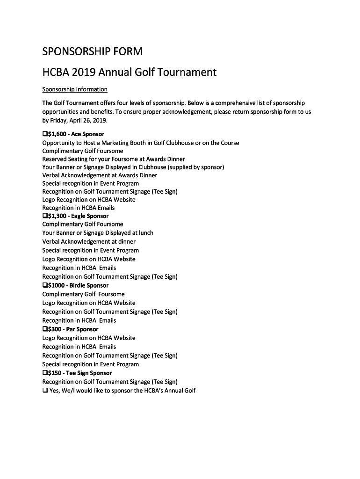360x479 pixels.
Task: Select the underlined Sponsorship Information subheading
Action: [x=75, y=89]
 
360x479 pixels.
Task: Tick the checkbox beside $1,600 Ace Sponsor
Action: [x=45, y=134]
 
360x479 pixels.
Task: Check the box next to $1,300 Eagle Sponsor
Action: [x=45, y=216]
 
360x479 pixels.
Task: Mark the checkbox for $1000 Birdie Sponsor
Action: [x=45, y=285]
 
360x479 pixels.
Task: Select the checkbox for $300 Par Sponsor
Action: [x=45, y=329]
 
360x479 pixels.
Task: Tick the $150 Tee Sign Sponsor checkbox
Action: [x=45, y=373]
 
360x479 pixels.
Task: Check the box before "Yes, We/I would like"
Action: [x=45, y=391]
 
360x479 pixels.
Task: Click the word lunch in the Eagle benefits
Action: [x=146, y=233]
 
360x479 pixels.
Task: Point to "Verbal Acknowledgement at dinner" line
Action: [x=89, y=241]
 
